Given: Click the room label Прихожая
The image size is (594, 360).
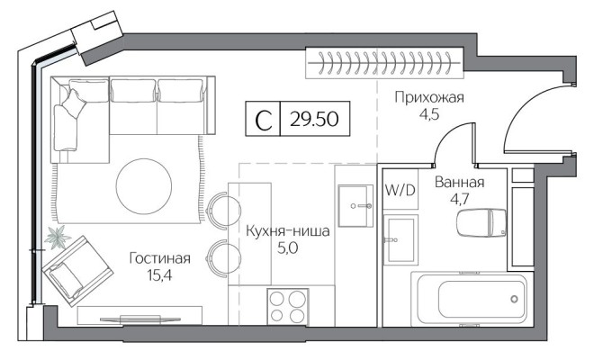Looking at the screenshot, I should tap(428, 97).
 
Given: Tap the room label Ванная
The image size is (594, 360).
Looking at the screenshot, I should tap(458, 183).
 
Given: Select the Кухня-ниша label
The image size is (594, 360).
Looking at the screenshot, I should tap(287, 231).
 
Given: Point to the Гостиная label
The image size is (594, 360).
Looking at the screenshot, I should tap(159, 258).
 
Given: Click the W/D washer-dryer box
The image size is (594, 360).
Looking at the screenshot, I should tap(400, 191).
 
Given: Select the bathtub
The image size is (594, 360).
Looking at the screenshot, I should tap(470, 298).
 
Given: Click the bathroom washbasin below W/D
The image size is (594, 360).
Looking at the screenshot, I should tap(400, 239).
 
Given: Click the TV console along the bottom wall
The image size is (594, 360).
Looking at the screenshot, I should tap(139, 315).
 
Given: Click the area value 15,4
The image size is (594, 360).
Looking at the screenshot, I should tap(159, 275).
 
